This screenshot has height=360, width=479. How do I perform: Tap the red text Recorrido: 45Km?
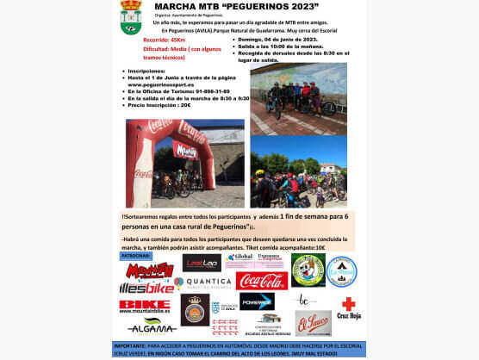[x=165, y=39]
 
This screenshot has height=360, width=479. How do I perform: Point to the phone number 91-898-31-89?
[x=203, y=91]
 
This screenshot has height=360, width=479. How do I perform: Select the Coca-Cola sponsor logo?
[x=262, y=281]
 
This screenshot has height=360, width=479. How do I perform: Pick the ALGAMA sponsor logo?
[x=152, y=325]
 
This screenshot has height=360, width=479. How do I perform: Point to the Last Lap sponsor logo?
[x=201, y=262]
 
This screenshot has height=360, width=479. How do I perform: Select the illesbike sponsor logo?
[x=146, y=284]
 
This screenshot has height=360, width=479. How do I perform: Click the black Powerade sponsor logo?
[x=257, y=301]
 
